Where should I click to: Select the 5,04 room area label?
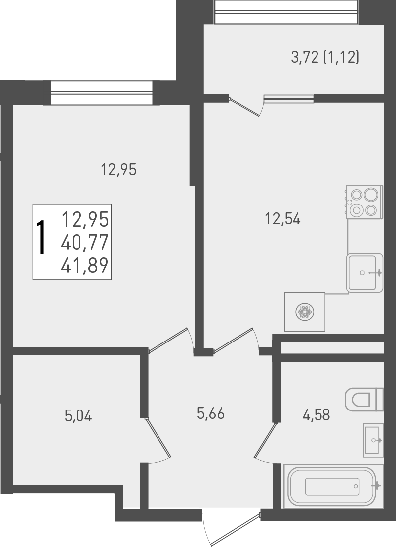pos(79,415)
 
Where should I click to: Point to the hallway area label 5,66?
pos(211,413)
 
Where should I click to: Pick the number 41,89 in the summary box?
pos(85,267)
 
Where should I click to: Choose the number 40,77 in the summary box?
pos(85,243)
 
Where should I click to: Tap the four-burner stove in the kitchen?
pos(365,202)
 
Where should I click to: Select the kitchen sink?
pos(365,272)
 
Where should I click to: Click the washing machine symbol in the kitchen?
pos(304,312)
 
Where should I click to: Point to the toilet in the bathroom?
pos(364,399)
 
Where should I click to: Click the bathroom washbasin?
pos(373,440)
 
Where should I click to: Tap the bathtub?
pos(333,486)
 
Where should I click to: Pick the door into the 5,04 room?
pos(158,439)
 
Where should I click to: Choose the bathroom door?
pos(264,440)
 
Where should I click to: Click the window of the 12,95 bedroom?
pos(101,93)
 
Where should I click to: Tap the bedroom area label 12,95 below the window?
pos(119,170)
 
